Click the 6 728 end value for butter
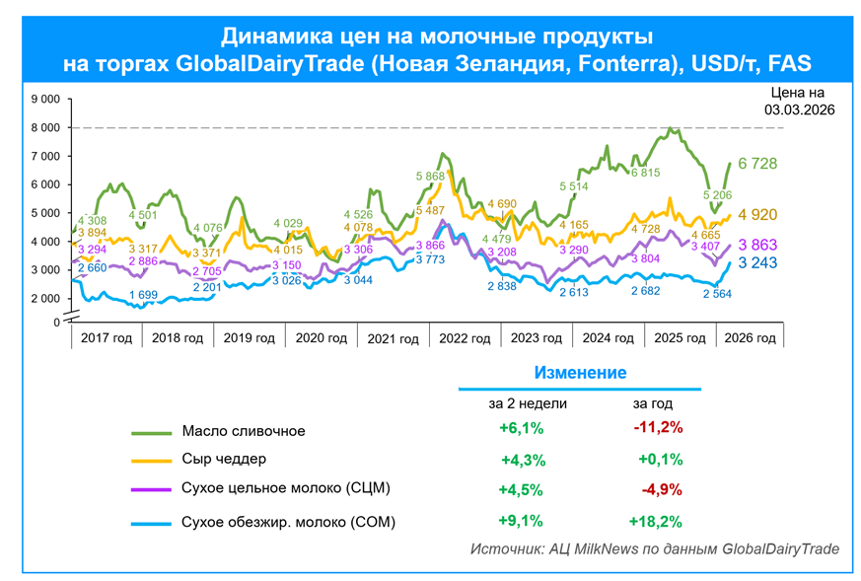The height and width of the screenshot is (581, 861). pyautogui.click(x=758, y=163)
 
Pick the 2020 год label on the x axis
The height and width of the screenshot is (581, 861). pyautogui.click(x=321, y=338)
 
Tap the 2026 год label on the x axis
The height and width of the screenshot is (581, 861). pyautogui.click(x=751, y=338)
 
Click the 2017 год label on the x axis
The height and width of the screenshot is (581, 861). pyautogui.click(x=106, y=338)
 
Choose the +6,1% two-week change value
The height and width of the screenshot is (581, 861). pyautogui.click(x=522, y=428)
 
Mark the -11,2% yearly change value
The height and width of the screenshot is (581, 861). pyautogui.click(x=658, y=428)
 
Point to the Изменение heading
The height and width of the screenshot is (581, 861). pyautogui.click(x=580, y=373)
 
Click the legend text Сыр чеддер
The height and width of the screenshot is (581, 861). pyautogui.click(x=224, y=459)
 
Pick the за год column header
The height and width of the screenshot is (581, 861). pyautogui.click(x=653, y=403)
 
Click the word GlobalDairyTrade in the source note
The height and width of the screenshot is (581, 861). pyautogui.click(x=781, y=548)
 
